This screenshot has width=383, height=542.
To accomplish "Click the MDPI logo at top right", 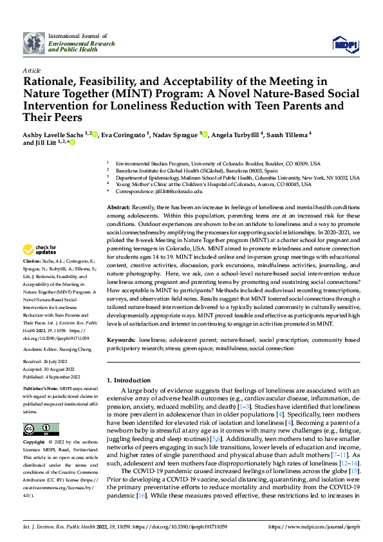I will click(344, 43).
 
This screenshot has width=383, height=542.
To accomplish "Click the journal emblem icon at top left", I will click(33, 43).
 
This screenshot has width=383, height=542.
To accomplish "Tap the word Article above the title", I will click(32, 70).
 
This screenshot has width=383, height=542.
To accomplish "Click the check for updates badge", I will click(40, 250).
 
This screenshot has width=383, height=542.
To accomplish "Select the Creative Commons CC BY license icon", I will click(41, 429).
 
